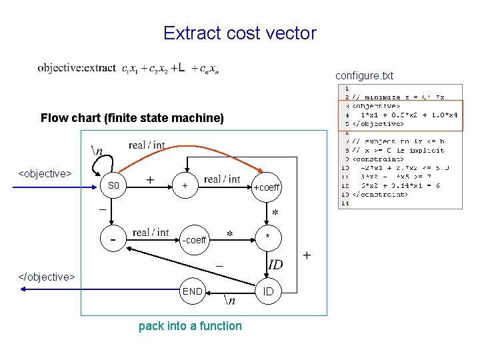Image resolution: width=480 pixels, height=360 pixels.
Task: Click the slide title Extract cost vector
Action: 239,33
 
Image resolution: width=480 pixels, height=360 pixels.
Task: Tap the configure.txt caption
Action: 364,76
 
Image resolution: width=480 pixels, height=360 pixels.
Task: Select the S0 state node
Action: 114,186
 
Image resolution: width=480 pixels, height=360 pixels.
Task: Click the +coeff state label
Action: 267,187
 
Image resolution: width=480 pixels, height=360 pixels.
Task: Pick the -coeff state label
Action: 194,240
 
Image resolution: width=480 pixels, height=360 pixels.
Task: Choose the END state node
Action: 192,291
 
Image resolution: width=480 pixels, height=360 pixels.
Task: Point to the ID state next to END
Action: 268,291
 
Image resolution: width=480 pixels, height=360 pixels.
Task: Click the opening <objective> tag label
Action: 45,174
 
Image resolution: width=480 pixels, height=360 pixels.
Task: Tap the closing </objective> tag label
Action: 46,277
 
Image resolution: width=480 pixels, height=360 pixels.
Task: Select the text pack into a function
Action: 190,326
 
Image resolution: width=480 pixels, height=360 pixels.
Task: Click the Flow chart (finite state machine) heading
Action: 132,119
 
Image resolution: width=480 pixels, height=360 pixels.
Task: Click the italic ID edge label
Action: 275,265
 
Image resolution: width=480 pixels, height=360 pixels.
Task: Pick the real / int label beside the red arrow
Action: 147,145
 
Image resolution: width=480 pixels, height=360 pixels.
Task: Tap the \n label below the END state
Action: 229,301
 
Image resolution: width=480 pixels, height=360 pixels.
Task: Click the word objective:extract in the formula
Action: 77,67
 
